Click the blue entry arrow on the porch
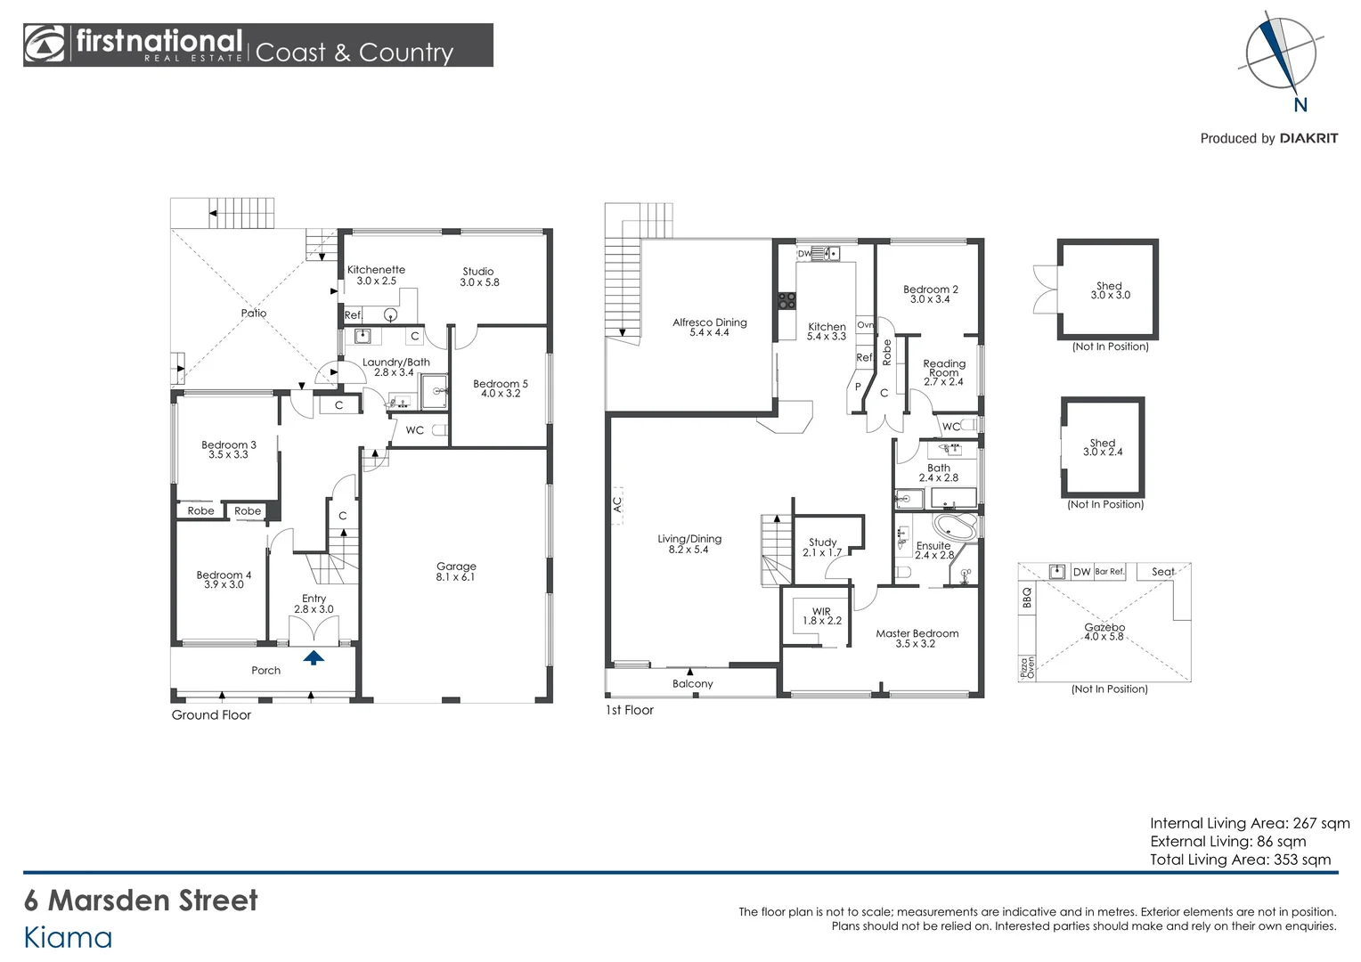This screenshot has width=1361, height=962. click(x=313, y=658)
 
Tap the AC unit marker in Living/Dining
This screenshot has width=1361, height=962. click(x=616, y=504)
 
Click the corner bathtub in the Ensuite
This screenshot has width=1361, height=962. click(x=954, y=525)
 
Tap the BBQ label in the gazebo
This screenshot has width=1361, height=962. click(x=1027, y=598)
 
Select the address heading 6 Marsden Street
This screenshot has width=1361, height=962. click(x=141, y=901)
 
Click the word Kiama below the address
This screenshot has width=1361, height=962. click(x=68, y=938)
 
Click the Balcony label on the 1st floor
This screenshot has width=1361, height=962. click(x=692, y=684)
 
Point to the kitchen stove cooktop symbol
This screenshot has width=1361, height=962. click(x=786, y=301)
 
